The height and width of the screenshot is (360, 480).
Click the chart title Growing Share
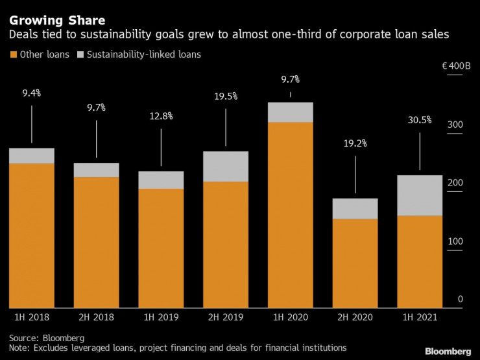pyautogui.click(x=57, y=20)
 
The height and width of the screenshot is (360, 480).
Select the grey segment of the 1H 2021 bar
pyautogui.click(x=419, y=195)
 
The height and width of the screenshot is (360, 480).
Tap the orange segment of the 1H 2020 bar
pyautogui.click(x=290, y=215)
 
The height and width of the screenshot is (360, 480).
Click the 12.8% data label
pyautogui.click(x=161, y=116)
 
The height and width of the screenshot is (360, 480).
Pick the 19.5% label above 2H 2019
pyautogui.click(x=225, y=97)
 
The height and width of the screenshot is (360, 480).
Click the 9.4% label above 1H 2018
pyautogui.click(x=31, y=93)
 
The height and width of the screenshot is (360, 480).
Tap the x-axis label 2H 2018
pyautogui.click(x=96, y=318)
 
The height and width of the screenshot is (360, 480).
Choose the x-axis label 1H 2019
pyautogui.click(x=161, y=318)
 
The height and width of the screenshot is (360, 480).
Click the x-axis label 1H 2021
pyautogui.click(x=419, y=318)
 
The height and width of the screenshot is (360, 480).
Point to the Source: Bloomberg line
pyautogui.click(x=47, y=337)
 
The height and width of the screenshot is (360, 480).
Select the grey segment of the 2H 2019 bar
pyautogui.click(x=225, y=167)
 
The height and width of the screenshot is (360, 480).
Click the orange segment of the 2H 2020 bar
pyautogui.click(x=355, y=263)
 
